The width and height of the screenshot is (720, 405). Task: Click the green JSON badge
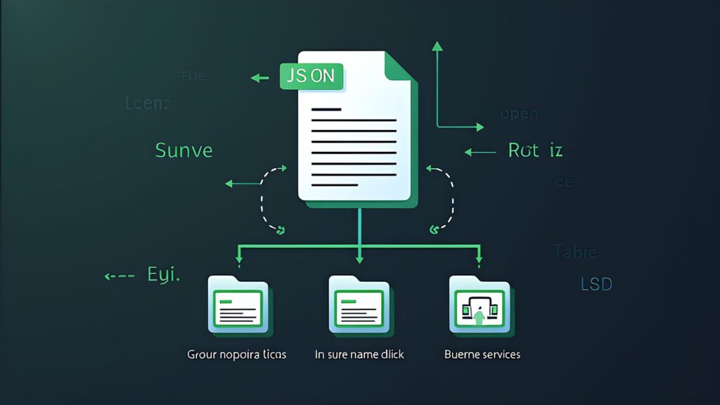click(x=311, y=76)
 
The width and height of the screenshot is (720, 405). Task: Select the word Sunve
click(x=184, y=150)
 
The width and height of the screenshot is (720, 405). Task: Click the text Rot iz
click(x=535, y=150)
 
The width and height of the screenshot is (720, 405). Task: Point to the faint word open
click(x=519, y=114)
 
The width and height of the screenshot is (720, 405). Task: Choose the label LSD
click(x=596, y=284)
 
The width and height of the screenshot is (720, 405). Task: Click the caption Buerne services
click(x=482, y=354)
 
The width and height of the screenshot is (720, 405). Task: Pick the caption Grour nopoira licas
click(x=237, y=354)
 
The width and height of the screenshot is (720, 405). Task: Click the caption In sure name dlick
click(x=359, y=354)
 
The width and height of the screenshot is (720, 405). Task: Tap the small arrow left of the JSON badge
click(x=260, y=77)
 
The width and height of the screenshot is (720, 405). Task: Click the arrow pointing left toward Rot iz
click(x=480, y=151)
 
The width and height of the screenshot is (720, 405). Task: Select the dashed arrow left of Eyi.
click(x=119, y=276)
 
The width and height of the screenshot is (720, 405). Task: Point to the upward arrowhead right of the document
click(x=437, y=46)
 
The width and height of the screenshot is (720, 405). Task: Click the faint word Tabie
click(x=575, y=251)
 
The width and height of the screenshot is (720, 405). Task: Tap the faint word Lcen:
click(x=148, y=103)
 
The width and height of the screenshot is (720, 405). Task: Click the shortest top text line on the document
click(x=326, y=109)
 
